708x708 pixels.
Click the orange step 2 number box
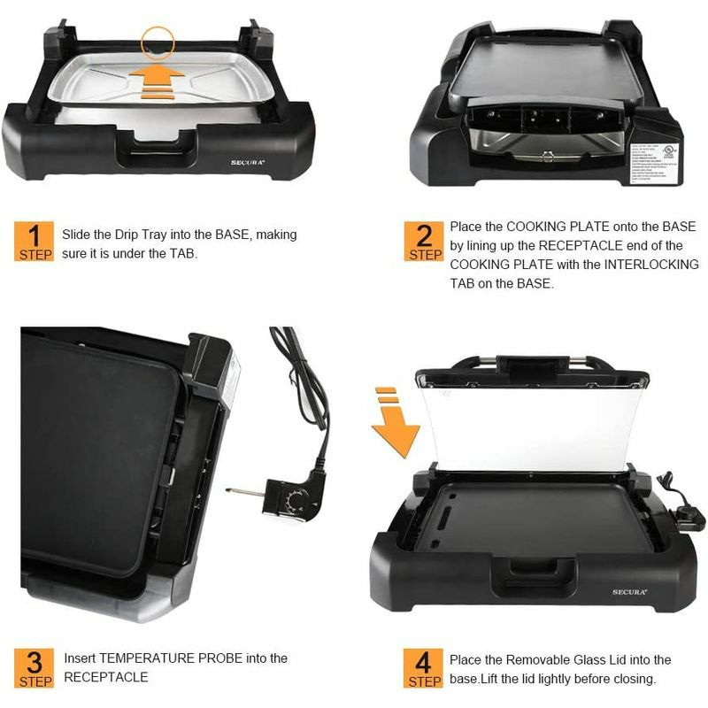point(425,241)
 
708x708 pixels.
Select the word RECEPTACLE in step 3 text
point(106,678)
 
